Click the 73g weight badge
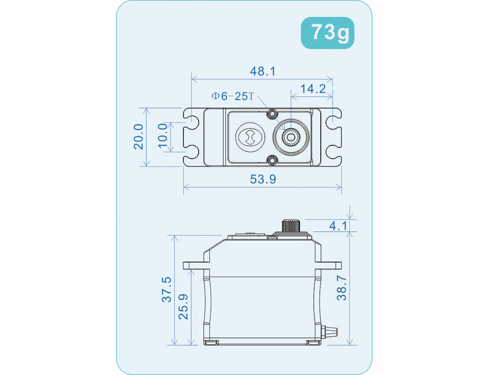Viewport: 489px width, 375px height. pyautogui.click(x=327, y=33)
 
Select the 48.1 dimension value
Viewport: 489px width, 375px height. pyautogui.click(x=262, y=71)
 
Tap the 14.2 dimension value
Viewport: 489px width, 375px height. pyautogui.click(x=313, y=89)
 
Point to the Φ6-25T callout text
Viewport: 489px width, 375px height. pyautogui.click(x=232, y=96)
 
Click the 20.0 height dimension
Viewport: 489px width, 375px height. pyautogui.click(x=139, y=137)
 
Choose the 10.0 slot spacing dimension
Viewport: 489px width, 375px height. pyautogui.click(x=163, y=136)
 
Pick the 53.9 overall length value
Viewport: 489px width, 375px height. pyautogui.click(x=263, y=179)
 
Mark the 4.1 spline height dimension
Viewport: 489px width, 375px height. pyautogui.click(x=338, y=226)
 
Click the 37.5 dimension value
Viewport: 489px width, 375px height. pyautogui.click(x=167, y=289)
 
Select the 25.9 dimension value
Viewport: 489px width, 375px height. pyautogui.click(x=183, y=307)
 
